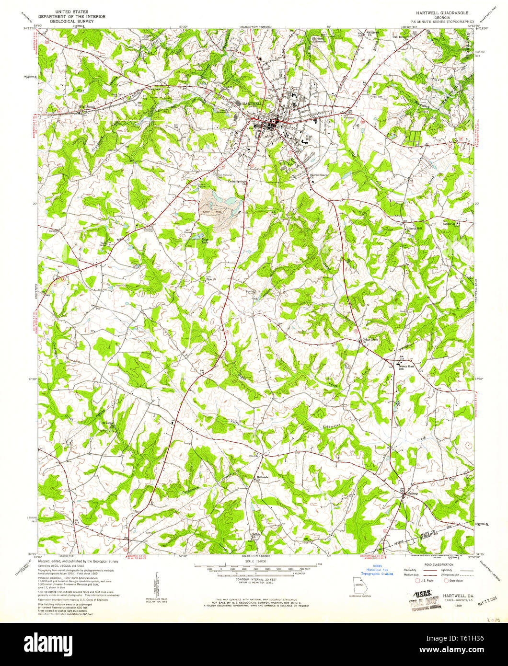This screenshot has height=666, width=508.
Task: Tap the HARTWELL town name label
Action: pyautogui.click(x=251, y=104)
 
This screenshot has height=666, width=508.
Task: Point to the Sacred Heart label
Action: pyautogui.click(x=317, y=175)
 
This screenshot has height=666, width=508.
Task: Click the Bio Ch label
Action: pyautogui.click(x=254, y=456)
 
